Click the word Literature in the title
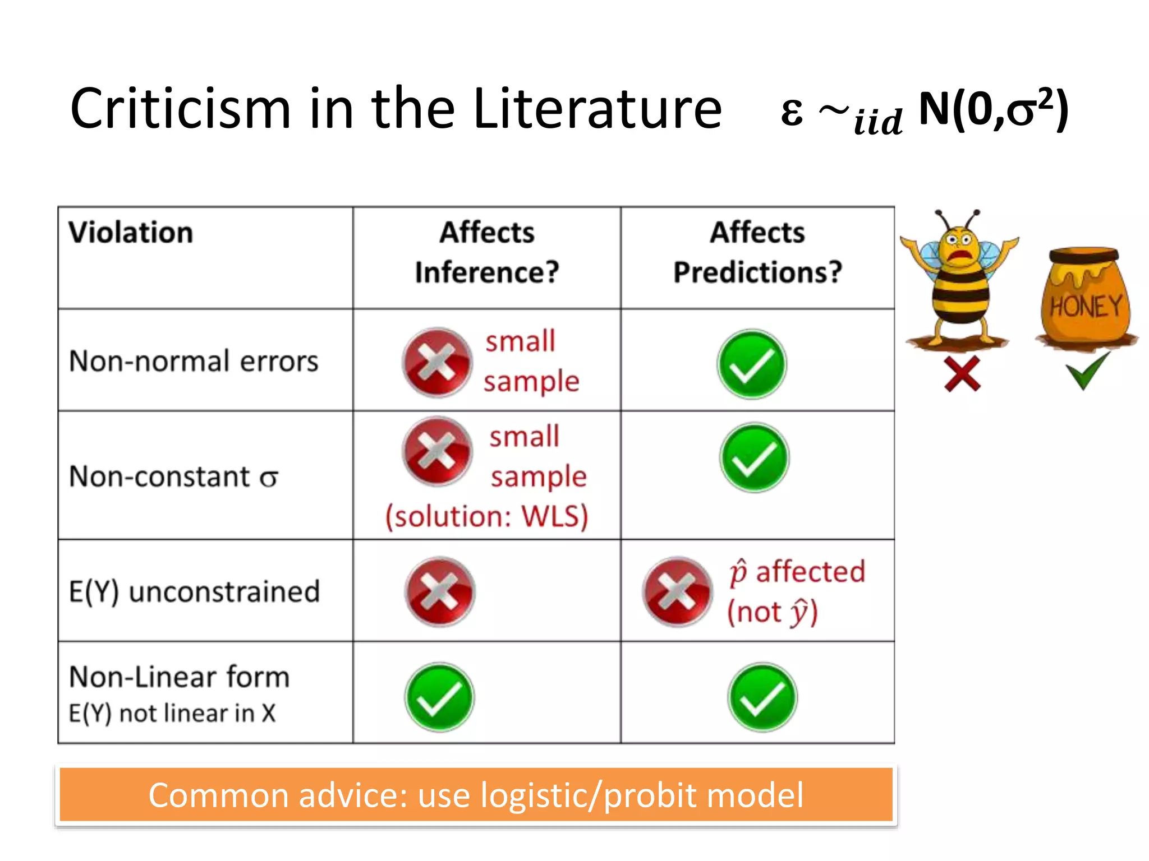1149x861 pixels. point(597,109)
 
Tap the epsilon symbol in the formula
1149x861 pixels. point(791,112)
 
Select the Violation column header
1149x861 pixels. point(131,233)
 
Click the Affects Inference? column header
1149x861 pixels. point(487,252)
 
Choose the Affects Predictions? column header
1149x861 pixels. point(757,252)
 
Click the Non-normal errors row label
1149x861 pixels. point(194,361)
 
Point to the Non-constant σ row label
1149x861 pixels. point(173,477)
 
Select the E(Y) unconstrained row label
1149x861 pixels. point(194,592)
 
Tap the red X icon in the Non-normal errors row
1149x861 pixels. point(437,363)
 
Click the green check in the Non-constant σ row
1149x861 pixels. point(754,457)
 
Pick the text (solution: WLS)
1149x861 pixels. point(486,516)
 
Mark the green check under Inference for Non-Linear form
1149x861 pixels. point(439,697)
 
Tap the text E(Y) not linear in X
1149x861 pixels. point(172,714)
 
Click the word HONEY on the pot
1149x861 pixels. point(1086,307)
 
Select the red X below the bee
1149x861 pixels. point(962,373)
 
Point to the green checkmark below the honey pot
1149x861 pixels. point(1087,370)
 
